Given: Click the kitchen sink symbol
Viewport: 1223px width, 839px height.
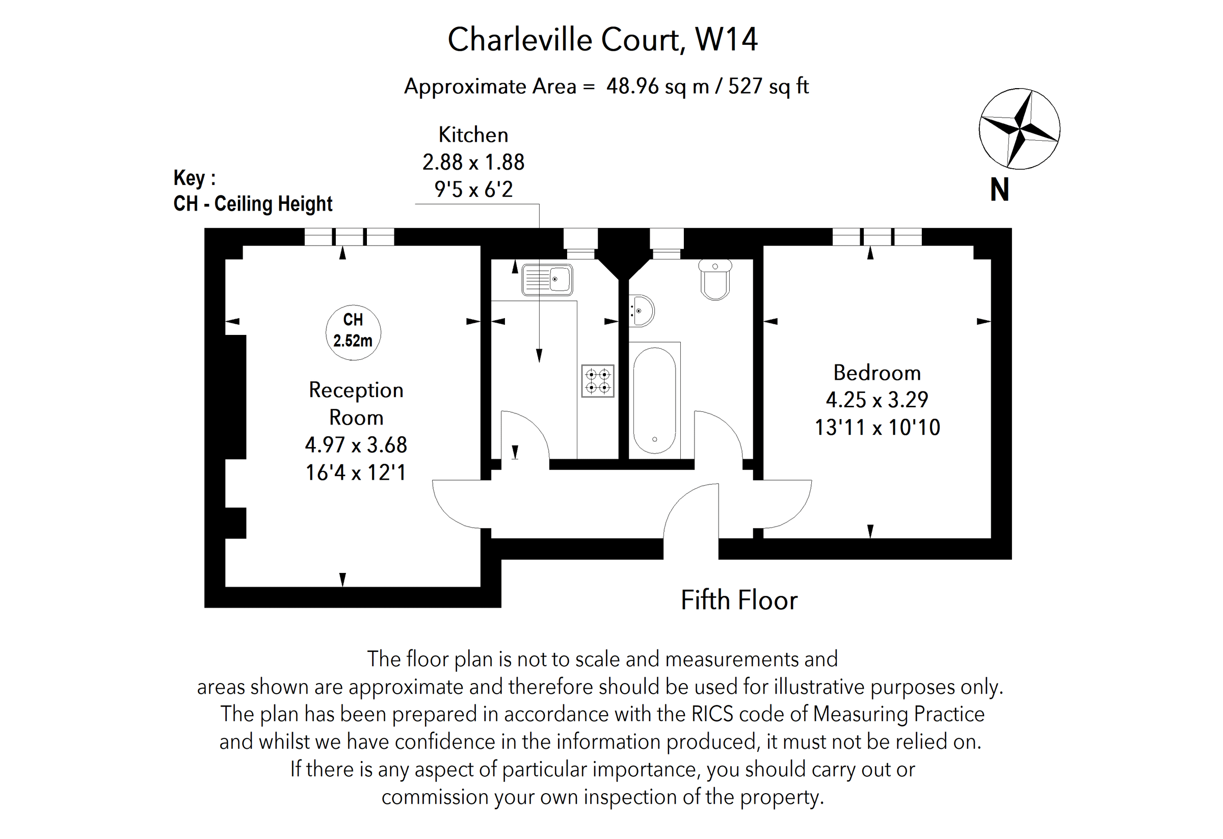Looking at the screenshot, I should tap(547, 280).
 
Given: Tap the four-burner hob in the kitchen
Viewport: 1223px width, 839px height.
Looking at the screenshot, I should tap(598, 381).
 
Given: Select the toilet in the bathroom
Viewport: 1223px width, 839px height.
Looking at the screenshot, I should tap(715, 280).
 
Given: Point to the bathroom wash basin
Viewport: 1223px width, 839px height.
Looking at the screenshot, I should tap(641, 311).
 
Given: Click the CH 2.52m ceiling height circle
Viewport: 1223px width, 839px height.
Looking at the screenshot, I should tap(353, 332).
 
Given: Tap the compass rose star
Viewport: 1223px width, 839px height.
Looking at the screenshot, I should tap(1019, 129).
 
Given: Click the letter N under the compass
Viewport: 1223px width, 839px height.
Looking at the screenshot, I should tap(999, 190).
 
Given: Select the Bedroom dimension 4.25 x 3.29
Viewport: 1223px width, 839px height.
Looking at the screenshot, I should tap(876, 400).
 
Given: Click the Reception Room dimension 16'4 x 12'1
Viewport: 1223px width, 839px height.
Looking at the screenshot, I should tap(356, 473).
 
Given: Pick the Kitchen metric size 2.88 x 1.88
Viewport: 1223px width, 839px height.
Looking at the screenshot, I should tap(473, 162).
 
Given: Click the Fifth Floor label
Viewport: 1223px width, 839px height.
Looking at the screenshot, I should tap(739, 600).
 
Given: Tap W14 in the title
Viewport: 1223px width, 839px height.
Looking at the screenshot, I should tap(726, 39).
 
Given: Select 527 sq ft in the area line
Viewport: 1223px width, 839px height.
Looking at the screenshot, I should tap(768, 86).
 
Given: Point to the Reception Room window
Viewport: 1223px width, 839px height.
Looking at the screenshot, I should tap(350, 237).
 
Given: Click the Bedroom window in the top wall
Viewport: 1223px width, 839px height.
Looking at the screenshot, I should tap(876, 237).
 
